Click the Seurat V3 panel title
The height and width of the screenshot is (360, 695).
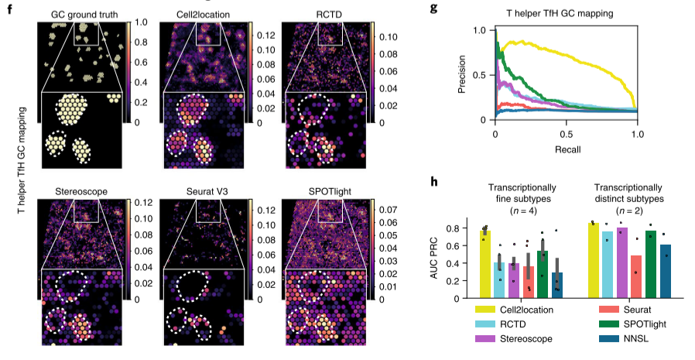[x=204, y=190]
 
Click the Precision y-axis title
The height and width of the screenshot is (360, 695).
[x=463, y=74]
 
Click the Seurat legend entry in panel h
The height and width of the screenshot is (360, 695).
[x=629, y=310]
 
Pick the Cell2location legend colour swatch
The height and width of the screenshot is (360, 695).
[x=491, y=310]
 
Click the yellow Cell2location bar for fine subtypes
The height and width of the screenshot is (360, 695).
[x=485, y=264]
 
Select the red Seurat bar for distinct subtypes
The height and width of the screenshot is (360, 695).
[x=636, y=276]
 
